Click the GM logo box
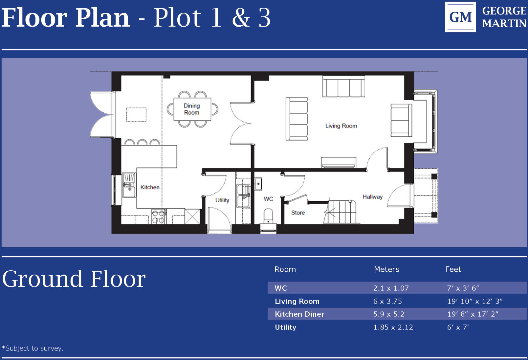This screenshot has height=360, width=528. coord(460,17)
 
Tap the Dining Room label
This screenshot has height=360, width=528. coord(192,109)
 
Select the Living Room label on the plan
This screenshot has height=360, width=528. coord(341,126)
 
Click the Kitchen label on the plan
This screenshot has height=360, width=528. coord(150,187)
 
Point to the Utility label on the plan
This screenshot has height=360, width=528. coord(222,200)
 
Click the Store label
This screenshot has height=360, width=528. coord(298,213)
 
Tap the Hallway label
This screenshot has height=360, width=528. coord(372,197)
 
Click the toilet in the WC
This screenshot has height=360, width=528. coord(268,216)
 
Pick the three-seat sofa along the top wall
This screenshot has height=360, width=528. coord(343,87)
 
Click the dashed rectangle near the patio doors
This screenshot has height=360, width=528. coord(136,115)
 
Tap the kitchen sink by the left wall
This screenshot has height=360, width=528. coord(129,185)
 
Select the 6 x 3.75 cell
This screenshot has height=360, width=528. coord(387,301)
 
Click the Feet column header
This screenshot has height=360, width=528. coord(453,269)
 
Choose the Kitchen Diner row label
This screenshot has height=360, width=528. coord(299,314)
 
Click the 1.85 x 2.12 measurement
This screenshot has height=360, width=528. coord(393,327)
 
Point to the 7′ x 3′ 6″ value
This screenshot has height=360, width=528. coord(463,288)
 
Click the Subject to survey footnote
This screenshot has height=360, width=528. coord(33,348)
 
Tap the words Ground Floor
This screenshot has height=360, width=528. coord(74,279)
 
